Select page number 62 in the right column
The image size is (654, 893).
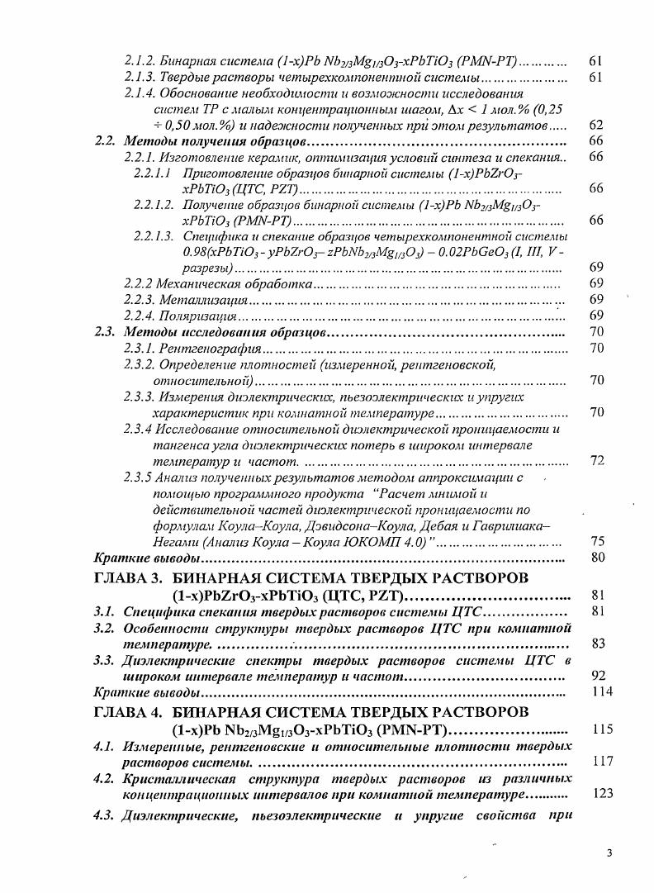click(598, 125)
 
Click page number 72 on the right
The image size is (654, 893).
click(598, 460)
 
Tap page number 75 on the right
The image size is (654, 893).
click(598, 541)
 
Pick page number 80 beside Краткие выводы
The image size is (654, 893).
click(598, 558)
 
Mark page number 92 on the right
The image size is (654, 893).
click(598, 676)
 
